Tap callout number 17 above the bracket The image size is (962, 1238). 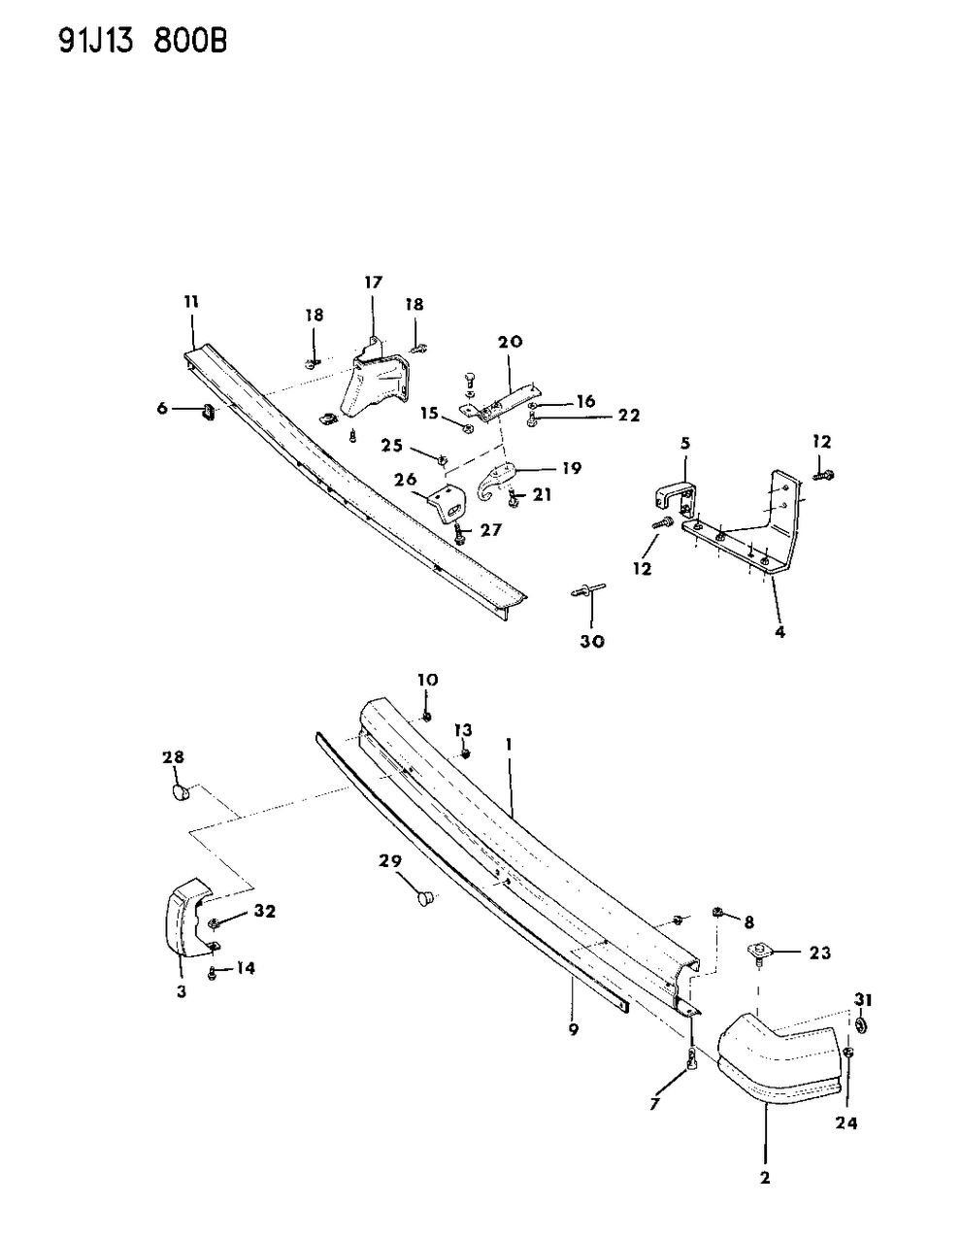pos(374,283)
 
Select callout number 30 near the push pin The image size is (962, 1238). pos(592,642)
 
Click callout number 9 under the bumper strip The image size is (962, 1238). pos(574,1029)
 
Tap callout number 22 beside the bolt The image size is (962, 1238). pos(629,416)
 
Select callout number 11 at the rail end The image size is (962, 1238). pos(190,303)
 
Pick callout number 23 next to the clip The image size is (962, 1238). pos(820,954)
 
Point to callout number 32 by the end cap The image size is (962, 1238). pos(264,912)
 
